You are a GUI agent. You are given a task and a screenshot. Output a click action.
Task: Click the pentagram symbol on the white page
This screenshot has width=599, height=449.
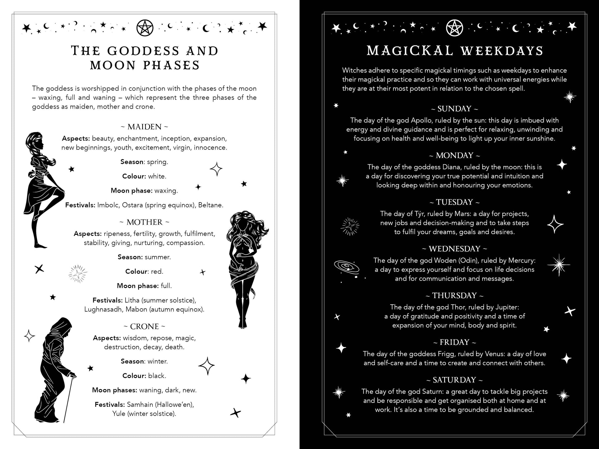click(x=145, y=28)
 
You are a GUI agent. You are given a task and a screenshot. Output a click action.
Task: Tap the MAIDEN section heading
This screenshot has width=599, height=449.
click(x=144, y=127)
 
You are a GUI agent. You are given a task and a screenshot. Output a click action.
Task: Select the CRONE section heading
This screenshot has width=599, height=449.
click(x=144, y=326)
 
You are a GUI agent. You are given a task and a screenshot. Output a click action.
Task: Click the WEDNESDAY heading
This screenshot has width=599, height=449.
click(x=454, y=249)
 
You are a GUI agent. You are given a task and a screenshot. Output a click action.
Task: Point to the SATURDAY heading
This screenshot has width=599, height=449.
click(x=454, y=380)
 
